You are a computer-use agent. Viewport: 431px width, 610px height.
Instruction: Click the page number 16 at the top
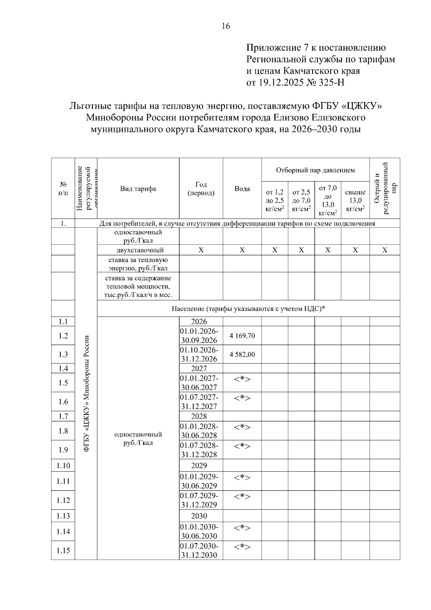[226, 26]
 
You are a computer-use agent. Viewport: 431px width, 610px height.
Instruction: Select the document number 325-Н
[331, 83]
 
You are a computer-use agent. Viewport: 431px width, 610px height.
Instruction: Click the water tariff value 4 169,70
[242, 336]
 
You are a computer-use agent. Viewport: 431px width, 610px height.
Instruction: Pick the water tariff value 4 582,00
[242, 354]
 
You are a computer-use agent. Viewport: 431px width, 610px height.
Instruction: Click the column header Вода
[242, 189]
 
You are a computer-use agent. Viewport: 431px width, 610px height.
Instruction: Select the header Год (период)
[201, 189]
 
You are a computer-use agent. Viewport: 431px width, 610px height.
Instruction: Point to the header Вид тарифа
[138, 189]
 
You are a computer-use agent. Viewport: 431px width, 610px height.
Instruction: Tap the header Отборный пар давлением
[315, 170]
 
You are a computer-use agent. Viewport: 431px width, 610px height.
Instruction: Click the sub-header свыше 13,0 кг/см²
[355, 201]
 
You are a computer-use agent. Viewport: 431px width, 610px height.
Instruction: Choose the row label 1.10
[63, 465]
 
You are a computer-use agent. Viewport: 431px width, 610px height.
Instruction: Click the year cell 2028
[199, 416]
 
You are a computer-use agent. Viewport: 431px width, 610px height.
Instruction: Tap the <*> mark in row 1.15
[242, 547]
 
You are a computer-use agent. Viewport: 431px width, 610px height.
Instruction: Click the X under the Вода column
[242, 250]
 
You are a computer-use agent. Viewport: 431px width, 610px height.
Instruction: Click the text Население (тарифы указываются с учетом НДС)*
[248, 309]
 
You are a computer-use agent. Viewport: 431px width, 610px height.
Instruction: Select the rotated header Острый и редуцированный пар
[385, 188]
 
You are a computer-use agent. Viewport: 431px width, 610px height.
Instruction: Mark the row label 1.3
[63, 354]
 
